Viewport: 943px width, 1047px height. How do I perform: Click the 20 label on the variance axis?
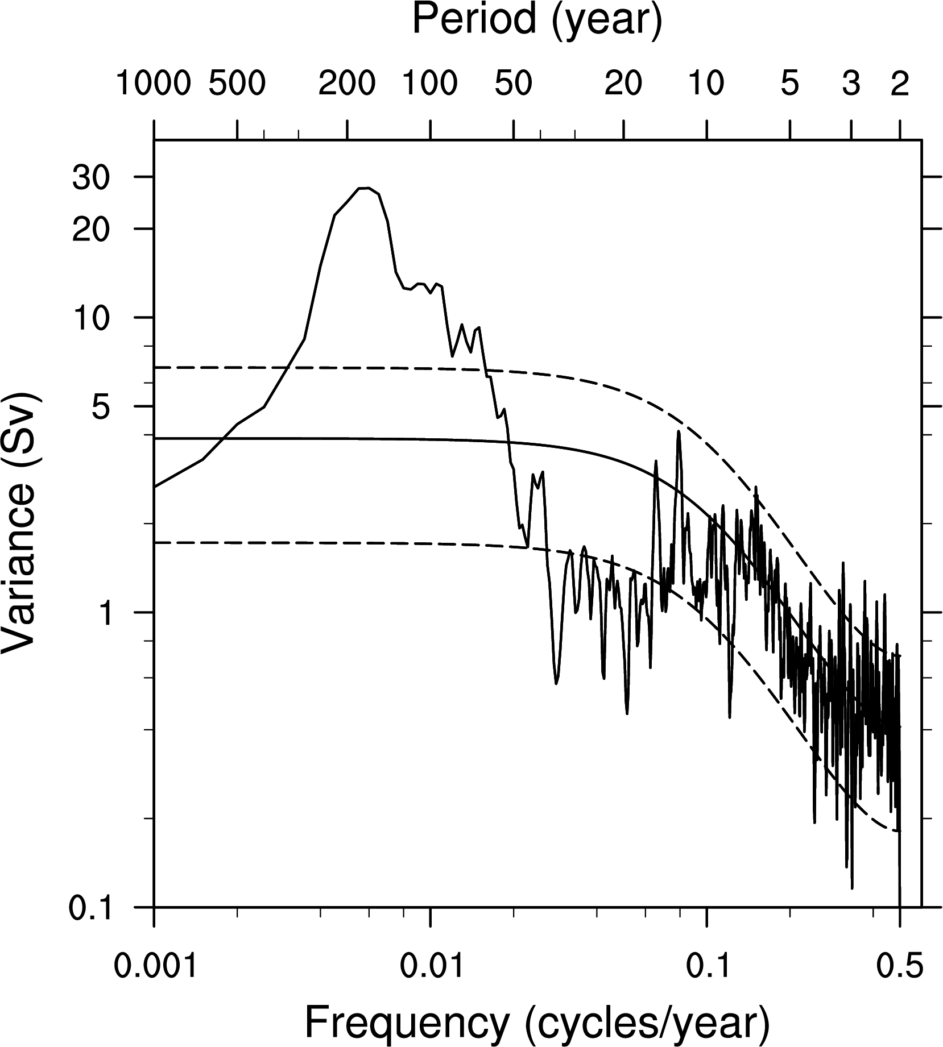click(x=90, y=229)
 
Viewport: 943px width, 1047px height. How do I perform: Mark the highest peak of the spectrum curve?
click(x=364, y=188)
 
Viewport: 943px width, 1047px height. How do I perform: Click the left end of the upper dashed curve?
click(x=156, y=368)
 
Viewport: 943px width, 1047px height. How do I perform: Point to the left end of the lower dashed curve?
click(x=156, y=543)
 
